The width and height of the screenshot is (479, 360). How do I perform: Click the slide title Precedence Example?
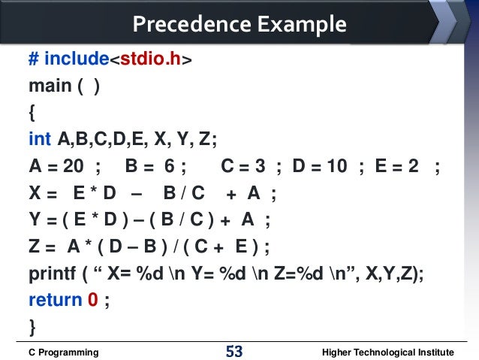(x=239, y=25)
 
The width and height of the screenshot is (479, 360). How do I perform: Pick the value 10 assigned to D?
(x=336, y=166)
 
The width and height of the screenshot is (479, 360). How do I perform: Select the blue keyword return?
(x=55, y=300)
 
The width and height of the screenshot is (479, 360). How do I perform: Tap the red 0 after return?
(x=93, y=300)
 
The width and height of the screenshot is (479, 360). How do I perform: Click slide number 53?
(x=234, y=351)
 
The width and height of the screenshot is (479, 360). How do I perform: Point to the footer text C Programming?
(x=63, y=352)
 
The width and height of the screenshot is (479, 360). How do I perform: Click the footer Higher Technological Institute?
(x=387, y=352)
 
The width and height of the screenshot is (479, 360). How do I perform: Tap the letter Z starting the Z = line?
(x=35, y=247)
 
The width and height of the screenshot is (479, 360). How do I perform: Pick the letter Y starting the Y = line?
(x=35, y=220)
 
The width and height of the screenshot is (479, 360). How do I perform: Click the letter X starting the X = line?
(x=35, y=193)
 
